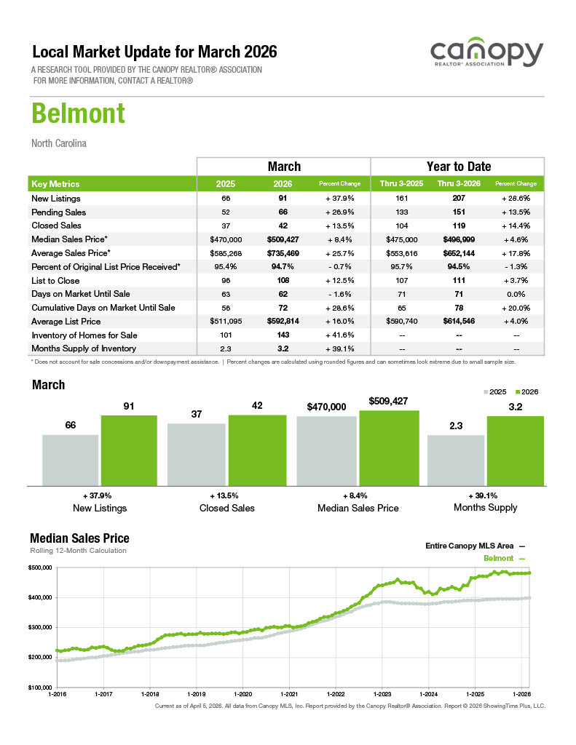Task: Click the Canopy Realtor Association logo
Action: click(x=486, y=54)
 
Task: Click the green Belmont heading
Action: click(x=78, y=114)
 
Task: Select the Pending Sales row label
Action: click(x=59, y=212)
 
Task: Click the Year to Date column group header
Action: click(x=458, y=167)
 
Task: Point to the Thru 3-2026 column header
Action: click(x=458, y=184)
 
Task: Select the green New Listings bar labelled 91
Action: click(x=128, y=450)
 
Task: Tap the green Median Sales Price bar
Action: click(x=389, y=447)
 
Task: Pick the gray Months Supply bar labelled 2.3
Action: click(x=455, y=460)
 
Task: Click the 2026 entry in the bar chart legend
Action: click(x=526, y=392)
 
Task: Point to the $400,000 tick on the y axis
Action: click(x=40, y=597)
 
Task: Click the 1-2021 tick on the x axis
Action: click(x=288, y=695)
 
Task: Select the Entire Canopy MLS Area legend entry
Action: click(x=474, y=545)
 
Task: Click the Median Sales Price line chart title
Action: click(x=79, y=538)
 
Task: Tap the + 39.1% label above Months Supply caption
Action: click(x=486, y=495)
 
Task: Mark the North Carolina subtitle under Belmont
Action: click(x=59, y=143)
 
